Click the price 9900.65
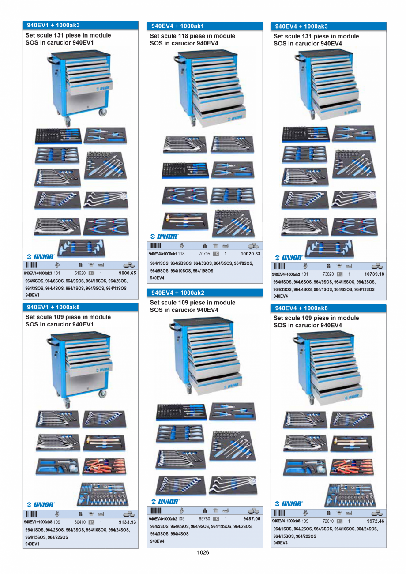pyautogui.click(x=128, y=273)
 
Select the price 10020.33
pyautogui.click(x=251, y=254)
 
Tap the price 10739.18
pyautogui.click(x=374, y=274)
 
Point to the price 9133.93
pyautogui.click(x=128, y=522)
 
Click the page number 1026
pyautogui.click(x=203, y=552)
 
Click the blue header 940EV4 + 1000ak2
pyautogui.click(x=177, y=293)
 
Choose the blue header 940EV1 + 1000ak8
pyautogui.click(x=53, y=307)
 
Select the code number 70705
pyautogui.click(x=204, y=254)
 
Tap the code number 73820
pyautogui.click(x=328, y=274)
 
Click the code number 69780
pyautogui.click(x=204, y=519)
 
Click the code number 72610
pyautogui.click(x=328, y=521)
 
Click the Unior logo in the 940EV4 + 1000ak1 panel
pyautogui.click(x=164, y=236)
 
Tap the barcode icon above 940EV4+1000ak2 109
pyautogui.click(x=156, y=511)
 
